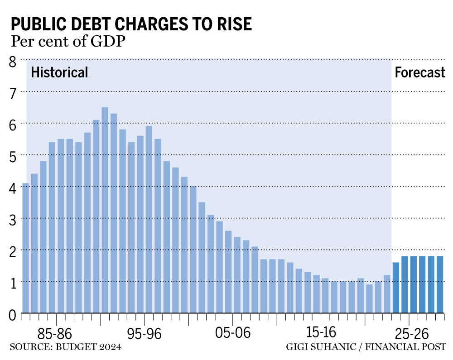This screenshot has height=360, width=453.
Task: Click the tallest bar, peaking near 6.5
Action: click(x=105, y=210)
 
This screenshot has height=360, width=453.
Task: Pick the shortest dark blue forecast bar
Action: click(x=395, y=288)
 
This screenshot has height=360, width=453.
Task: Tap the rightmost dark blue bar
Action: click(x=439, y=284)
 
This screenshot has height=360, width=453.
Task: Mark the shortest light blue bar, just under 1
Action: click(x=369, y=298)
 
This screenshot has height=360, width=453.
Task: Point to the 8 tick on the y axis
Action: click(x=13, y=61)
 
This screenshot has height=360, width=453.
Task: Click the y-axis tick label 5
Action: click(x=13, y=156)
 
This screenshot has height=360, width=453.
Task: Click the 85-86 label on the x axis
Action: click(x=55, y=334)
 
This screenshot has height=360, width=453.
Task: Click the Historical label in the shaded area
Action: click(x=59, y=72)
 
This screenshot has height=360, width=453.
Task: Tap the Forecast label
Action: click(x=420, y=72)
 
